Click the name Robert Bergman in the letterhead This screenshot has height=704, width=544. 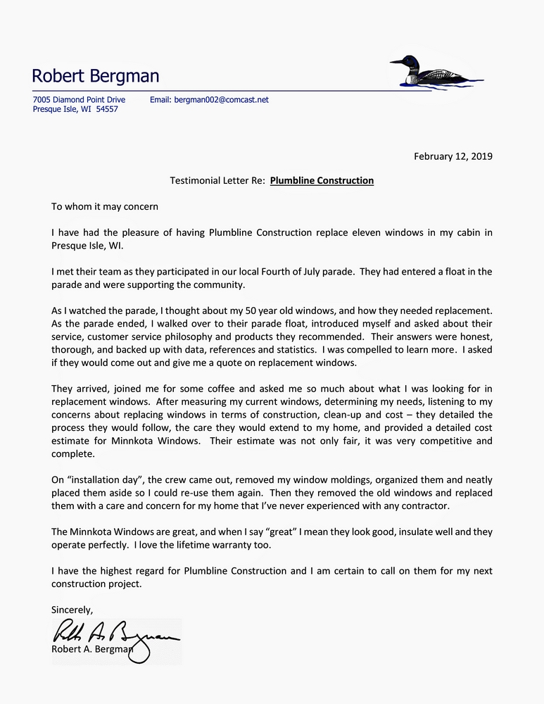96,76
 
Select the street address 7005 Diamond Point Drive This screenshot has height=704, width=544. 79,100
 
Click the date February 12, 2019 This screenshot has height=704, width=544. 453,156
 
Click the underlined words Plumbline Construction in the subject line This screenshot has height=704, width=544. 322,181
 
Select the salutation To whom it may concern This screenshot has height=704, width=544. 105,207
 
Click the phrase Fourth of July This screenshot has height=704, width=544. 276,271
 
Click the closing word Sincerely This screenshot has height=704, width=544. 72,609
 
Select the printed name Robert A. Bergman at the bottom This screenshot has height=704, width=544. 91,649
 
